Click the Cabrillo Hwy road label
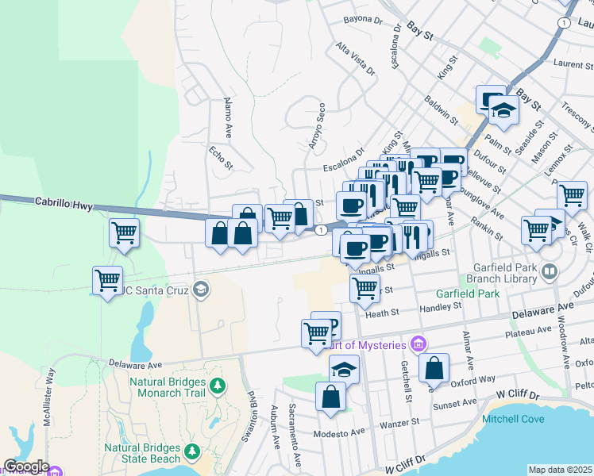click(x=60, y=202)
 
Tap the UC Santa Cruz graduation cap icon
click(x=201, y=289)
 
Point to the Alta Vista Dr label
click(x=355, y=59)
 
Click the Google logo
click(x=25, y=466)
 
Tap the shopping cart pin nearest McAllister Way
click(x=106, y=279)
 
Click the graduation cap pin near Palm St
click(x=503, y=110)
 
